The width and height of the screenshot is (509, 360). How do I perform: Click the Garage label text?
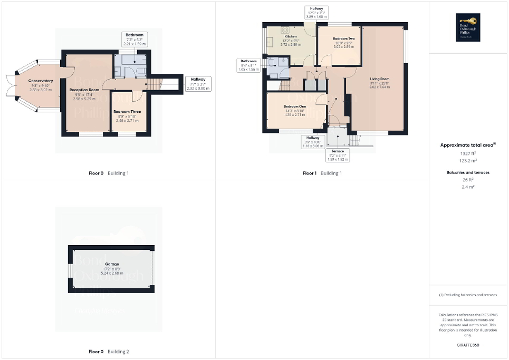click(x=112, y=264)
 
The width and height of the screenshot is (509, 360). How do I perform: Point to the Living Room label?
click(x=379, y=79)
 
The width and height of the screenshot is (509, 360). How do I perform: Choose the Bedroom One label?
click(x=295, y=107)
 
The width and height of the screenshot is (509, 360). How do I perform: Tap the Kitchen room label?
click(x=291, y=36)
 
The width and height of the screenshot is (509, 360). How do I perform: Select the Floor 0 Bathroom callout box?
click(x=134, y=39)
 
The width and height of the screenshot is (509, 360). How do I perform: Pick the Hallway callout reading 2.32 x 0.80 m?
click(x=198, y=84)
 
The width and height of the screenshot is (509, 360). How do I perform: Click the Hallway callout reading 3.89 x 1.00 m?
click(x=316, y=13)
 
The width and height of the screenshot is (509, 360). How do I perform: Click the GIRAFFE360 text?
click(x=468, y=345)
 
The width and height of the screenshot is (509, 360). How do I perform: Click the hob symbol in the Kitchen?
click(x=285, y=30)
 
